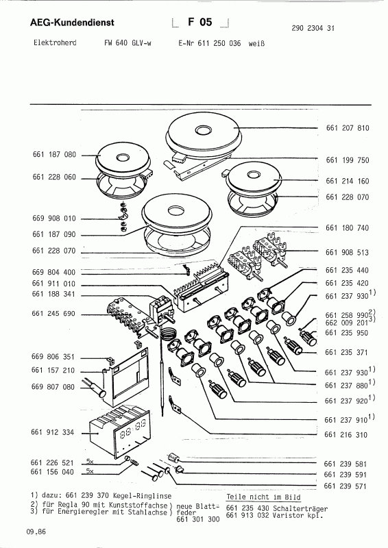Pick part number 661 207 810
348,128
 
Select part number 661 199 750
348,160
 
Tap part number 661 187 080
54,155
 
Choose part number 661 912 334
54,433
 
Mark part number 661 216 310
348,434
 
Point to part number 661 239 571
348,485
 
